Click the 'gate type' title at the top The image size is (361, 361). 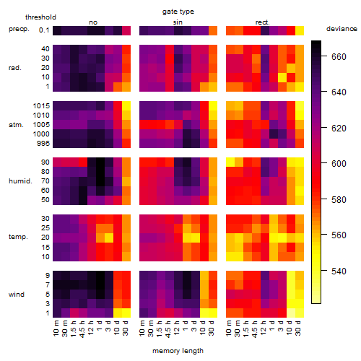click(178, 12)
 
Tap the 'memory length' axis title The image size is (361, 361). click(178, 351)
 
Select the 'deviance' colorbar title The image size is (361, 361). click(342, 29)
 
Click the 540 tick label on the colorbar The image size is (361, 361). click(339, 271)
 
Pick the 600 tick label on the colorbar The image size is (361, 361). click(339, 164)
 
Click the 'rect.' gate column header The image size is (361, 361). click(263, 22)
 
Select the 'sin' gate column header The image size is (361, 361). click(178, 22)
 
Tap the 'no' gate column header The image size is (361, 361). click(93, 22)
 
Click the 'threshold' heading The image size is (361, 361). click(40, 17)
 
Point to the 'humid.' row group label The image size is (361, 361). click(20, 181)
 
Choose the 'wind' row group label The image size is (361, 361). click(17, 295)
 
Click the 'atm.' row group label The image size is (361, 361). click(16, 125)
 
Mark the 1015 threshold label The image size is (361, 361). click(41, 106)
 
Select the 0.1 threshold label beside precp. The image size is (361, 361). click(44, 30)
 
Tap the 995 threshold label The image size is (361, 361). click(43, 144)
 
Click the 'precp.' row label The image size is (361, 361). click(19, 29)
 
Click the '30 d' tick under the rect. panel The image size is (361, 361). click(298, 328)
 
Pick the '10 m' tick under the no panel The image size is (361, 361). click(56, 329)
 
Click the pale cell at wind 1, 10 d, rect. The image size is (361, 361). click(291, 313)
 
